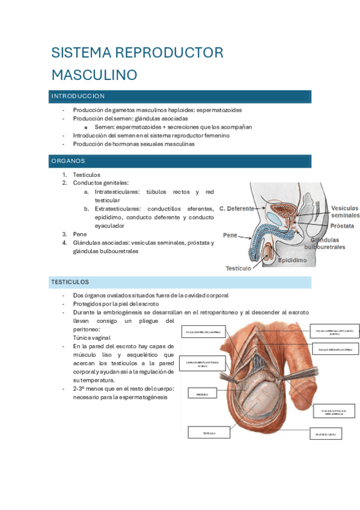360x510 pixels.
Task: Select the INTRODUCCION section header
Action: point(78,96)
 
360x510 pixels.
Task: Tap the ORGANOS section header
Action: point(68,161)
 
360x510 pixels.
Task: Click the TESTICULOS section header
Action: point(70,281)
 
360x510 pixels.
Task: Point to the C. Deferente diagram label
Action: point(237,209)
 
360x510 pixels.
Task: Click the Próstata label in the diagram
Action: point(342,226)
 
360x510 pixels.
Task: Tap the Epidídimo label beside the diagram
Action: point(292,260)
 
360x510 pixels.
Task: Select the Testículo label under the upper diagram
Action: point(239,268)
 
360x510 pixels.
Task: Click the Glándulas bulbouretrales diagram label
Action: point(325,243)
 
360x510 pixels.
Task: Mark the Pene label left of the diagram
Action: point(230,235)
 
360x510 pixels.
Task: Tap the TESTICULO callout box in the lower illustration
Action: point(209,432)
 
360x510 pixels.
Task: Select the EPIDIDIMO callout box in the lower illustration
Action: point(198,394)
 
